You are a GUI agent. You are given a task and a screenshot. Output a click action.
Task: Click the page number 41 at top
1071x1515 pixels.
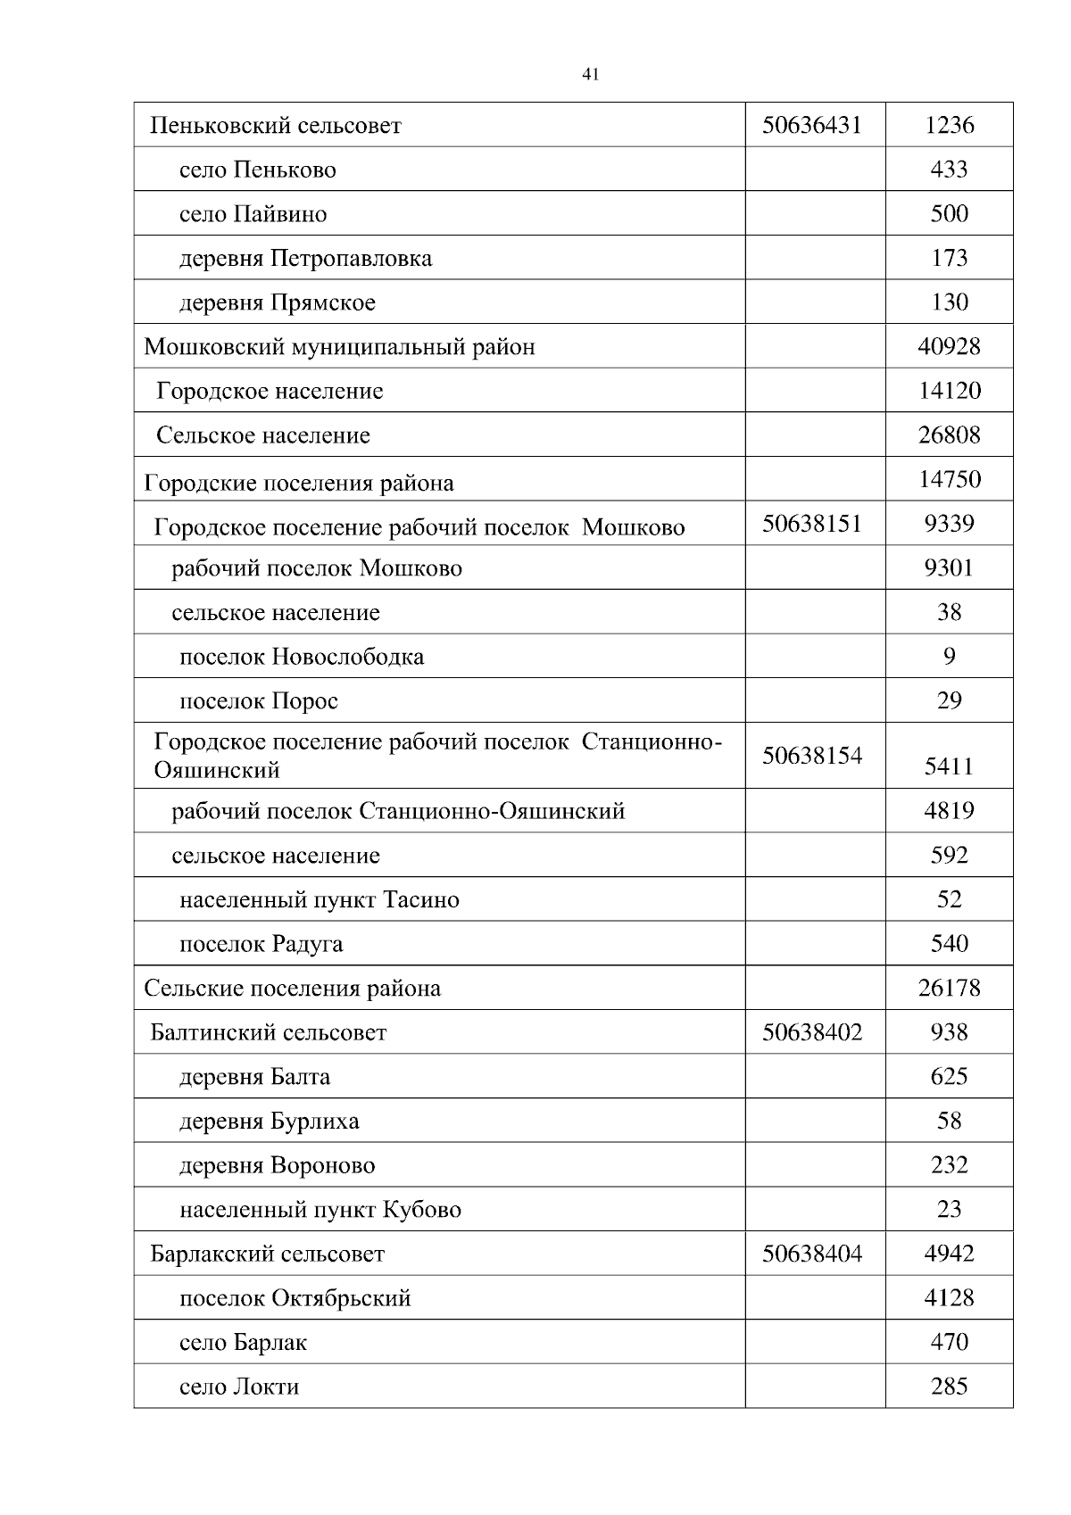coord(589,75)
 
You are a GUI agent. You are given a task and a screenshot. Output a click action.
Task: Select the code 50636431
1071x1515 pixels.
coord(811,125)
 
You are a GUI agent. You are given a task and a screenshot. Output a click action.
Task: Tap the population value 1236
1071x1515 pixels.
coord(949,125)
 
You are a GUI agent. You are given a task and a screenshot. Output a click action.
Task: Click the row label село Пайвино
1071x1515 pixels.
coord(253,214)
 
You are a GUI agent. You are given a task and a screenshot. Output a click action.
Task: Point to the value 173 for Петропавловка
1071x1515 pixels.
coord(949,258)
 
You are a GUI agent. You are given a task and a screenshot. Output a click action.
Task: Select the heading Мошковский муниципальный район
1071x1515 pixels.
coord(339,347)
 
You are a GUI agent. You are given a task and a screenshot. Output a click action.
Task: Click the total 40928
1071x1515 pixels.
coord(949,346)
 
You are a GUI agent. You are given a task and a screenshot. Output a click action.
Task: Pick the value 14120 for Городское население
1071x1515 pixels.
coord(949,391)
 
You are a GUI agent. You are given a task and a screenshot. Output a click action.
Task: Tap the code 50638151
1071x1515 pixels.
coord(811,524)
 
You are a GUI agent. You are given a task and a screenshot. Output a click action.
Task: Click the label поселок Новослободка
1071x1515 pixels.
coord(302,658)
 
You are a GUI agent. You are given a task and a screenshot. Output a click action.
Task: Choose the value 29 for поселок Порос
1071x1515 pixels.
coord(949,700)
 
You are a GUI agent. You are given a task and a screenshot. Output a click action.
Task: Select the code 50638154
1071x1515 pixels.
coord(811,756)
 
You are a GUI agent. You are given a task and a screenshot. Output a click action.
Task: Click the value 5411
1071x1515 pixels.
coord(949,766)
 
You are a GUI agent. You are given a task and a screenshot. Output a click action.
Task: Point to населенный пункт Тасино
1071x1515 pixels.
coord(319,900)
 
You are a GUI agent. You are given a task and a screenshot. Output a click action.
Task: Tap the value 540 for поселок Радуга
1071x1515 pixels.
coord(949,944)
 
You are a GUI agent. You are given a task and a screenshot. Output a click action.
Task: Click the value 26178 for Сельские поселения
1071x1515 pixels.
coord(949,989)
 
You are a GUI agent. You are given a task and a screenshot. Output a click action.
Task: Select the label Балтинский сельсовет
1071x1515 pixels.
coord(268,1033)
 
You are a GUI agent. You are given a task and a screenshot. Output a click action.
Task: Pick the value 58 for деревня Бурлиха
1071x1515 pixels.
coord(949,1121)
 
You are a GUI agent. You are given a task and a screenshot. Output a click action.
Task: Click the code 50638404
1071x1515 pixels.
coord(811,1254)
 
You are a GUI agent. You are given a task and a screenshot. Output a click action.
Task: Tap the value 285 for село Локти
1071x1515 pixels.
coord(949,1387)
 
